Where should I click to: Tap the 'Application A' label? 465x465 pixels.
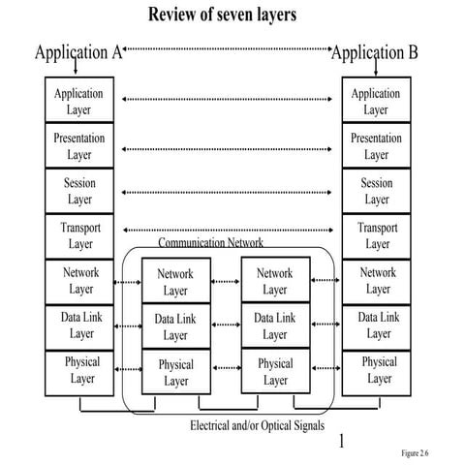pyautogui.click(x=77, y=52)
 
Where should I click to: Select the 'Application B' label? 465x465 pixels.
pyautogui.click(x=375, y=52)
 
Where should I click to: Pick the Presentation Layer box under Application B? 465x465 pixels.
pyautogui.click(x=377, y=146)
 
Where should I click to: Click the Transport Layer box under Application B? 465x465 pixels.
pyautogui.click(x=377, y=236)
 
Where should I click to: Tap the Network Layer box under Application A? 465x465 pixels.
pyautogui.click(x=81, y=281)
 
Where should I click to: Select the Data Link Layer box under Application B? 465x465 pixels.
pyautogui.click(x=377, y=325)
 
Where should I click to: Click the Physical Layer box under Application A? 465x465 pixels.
pyautogui.click(x=81, y=371)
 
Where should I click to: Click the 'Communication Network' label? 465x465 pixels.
pyautogui.click(x=210, y=242)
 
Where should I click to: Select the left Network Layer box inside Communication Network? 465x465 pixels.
pyautogui.click(x=175, y=282)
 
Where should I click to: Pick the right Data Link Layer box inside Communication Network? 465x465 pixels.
pyautogui.click(x=275, y=326)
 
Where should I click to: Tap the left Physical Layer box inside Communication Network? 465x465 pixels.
pyautogui.click(x=175, y=373)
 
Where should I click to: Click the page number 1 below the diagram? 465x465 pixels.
pyautogui.click(x=341, y=443)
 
